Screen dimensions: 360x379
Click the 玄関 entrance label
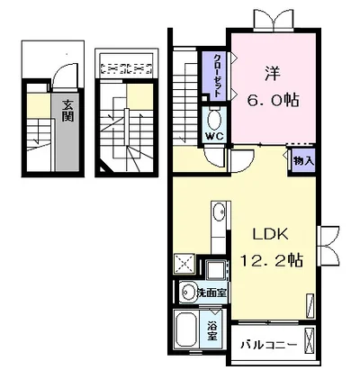(x=67, y=110)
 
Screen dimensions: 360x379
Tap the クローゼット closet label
(x=218, y=75)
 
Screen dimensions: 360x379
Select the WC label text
(x=214, y=137)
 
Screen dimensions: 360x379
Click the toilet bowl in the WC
(x=214, y=119)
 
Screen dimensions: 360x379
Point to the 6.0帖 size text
(x=273, y=100)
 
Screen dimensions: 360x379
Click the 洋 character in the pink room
(x=272, y=74)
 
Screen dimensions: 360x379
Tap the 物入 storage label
(x=303, y=161)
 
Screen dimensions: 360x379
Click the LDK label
(x=271, y=234)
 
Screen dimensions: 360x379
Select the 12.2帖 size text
(x=271, y=260)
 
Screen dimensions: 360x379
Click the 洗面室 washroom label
(x=211, y=293)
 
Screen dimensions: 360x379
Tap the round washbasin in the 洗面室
(x=188, y=292)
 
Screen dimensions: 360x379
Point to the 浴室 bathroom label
(x=212, y=331)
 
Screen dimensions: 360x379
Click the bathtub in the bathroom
(x=186, y=329)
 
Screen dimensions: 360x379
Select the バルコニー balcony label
(x=269, y=345)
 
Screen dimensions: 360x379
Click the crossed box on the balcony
(x=310, y=340)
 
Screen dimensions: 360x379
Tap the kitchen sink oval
(x=219, y=212)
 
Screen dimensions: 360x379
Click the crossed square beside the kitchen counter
(x=184, y=264)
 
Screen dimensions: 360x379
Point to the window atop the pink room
(x=273, y=21)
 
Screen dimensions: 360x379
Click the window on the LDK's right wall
(x=328, y=246)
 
